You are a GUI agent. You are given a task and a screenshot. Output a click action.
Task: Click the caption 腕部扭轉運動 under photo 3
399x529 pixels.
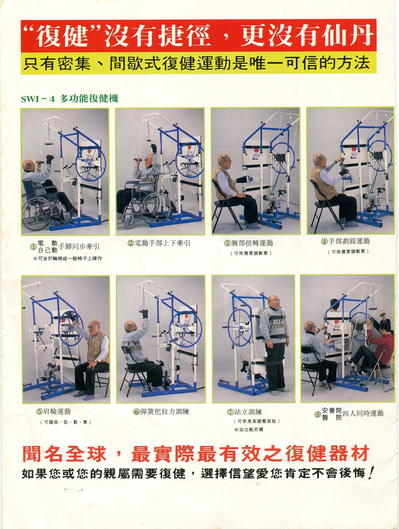point(248,243)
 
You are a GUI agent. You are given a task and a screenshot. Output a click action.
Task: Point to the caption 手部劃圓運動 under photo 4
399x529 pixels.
point(345,242)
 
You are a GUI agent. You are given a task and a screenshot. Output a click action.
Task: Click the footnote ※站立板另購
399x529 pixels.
point(249,430)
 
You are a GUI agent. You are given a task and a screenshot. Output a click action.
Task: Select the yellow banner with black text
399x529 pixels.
point(199,63)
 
